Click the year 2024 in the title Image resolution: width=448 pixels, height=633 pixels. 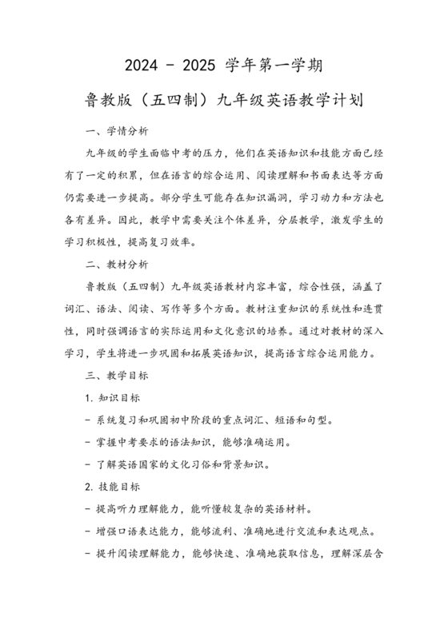143,63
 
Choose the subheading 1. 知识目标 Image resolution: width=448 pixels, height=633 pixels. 113,396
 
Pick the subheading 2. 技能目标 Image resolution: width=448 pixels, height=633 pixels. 113,485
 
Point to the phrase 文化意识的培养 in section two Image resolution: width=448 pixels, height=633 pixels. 268,329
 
